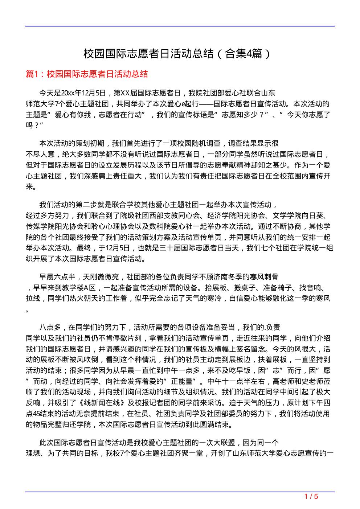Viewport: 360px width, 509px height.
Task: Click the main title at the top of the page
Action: [177, 54]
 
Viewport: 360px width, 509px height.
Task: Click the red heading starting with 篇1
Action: [87, 74]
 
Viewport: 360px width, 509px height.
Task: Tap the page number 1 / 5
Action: [311, 496]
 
